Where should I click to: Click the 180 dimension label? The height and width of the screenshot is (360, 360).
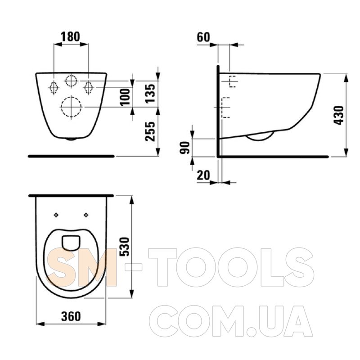(x=71, y=37)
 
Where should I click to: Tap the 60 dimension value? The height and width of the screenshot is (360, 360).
(x=203, y=37)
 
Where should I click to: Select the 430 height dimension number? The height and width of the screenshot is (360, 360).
(x=339, y=115)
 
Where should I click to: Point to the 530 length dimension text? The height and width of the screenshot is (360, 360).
(x=125, y=247)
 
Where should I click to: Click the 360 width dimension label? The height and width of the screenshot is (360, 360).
(x=71, y=316)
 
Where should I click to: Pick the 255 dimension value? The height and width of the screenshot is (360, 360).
(x=150, y=131)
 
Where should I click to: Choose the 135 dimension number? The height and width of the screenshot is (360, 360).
(x=150, y=94)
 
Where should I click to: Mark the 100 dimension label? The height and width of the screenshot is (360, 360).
(x=126, y=97)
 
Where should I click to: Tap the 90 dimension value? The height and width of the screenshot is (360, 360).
(x=185, y=148)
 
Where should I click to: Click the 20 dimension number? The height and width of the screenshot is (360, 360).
(x=203, y=175)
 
